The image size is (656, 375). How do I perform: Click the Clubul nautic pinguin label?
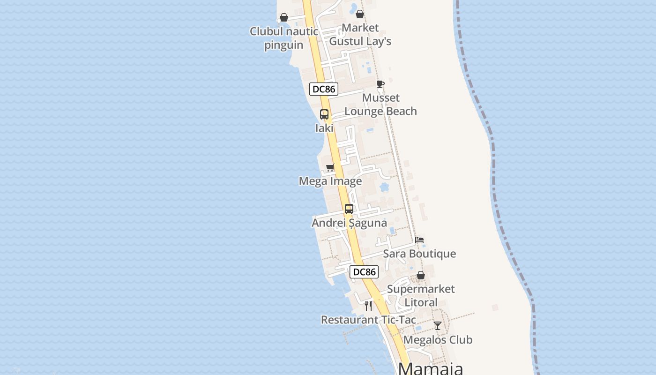pos(283,38)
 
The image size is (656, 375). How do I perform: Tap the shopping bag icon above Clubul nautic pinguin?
pos(284,18)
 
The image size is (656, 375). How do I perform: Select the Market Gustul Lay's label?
pos(360,35)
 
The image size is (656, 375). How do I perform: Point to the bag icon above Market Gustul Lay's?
pos(360,14)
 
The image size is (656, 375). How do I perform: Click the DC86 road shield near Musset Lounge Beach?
pos(324,89)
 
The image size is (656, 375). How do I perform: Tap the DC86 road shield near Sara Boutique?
pos(364,272)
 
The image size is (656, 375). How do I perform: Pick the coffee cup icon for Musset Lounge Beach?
pos(380,84)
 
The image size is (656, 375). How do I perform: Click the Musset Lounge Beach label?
pos(380,105)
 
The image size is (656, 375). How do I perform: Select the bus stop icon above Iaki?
pos(324,114)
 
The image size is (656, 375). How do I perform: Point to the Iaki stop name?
pos(324,128)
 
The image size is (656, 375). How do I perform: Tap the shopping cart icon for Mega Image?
pos(330,167)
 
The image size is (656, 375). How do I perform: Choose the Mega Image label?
pos(330,181)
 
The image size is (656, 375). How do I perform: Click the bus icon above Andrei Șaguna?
pos(349,209)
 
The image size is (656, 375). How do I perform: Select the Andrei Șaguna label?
pos(350,223)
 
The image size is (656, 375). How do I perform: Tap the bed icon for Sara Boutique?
pos(419,240)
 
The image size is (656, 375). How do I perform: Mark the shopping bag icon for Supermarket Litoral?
pos(421,275)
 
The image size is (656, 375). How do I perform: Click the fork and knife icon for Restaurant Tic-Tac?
pos(368,306)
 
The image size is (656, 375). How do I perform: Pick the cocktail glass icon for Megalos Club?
pos(438,326)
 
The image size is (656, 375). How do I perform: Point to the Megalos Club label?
pos(438,340)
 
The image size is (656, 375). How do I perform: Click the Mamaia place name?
pos(431,368)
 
